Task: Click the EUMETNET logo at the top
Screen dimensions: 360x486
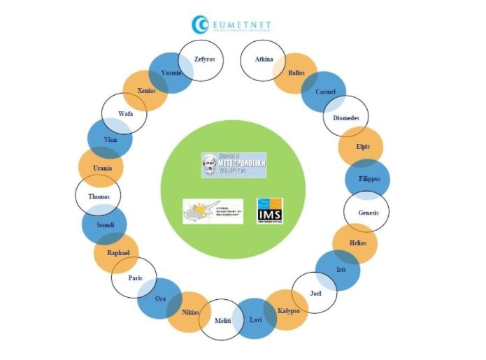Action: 231,25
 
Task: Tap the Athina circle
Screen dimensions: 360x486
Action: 262,60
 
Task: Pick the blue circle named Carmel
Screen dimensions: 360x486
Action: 323,92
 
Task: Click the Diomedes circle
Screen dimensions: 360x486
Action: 345,117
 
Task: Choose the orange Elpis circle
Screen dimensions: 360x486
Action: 360,147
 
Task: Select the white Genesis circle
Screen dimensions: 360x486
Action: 367,211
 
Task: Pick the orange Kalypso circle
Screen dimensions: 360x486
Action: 287,310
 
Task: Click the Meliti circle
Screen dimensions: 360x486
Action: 222,320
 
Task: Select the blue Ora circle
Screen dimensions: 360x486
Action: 159,298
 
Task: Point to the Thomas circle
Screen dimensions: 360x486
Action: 99,197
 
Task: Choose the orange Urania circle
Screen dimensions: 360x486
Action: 101,168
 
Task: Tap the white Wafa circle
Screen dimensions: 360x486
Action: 124,113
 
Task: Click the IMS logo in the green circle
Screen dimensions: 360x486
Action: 269,210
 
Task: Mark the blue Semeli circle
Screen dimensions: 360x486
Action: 104,225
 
